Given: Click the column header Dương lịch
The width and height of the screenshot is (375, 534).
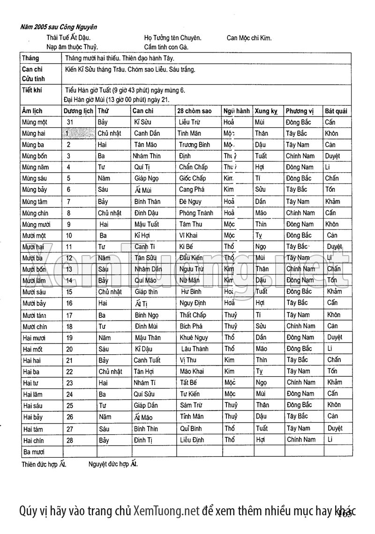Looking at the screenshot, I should point(78,111).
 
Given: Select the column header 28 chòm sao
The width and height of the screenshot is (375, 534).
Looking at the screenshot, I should point(195,111).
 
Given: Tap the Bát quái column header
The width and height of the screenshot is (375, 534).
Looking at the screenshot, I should point(336,111).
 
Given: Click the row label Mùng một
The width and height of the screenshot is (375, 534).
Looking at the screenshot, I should point(35,122).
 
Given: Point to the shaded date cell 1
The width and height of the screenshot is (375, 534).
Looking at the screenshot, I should point(78,133).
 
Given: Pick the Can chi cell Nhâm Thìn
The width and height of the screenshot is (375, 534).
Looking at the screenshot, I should point(147,156).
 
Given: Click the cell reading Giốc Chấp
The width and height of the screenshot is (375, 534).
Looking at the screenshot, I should point(192,178).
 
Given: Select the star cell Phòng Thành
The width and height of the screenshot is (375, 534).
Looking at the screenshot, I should point(196,213).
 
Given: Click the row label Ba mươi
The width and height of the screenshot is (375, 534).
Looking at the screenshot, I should point(35,452).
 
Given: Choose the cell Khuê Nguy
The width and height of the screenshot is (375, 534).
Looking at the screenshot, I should point(194,337).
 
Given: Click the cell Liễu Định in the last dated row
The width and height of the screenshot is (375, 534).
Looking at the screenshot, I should point(192,440).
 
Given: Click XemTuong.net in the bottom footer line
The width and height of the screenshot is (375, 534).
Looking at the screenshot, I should point(166,511).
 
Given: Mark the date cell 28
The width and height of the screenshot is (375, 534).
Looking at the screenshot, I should point(70,440).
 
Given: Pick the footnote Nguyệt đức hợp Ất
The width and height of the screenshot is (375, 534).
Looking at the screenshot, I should point(113,464).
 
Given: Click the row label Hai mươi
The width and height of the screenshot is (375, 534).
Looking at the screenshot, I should point(34,337).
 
